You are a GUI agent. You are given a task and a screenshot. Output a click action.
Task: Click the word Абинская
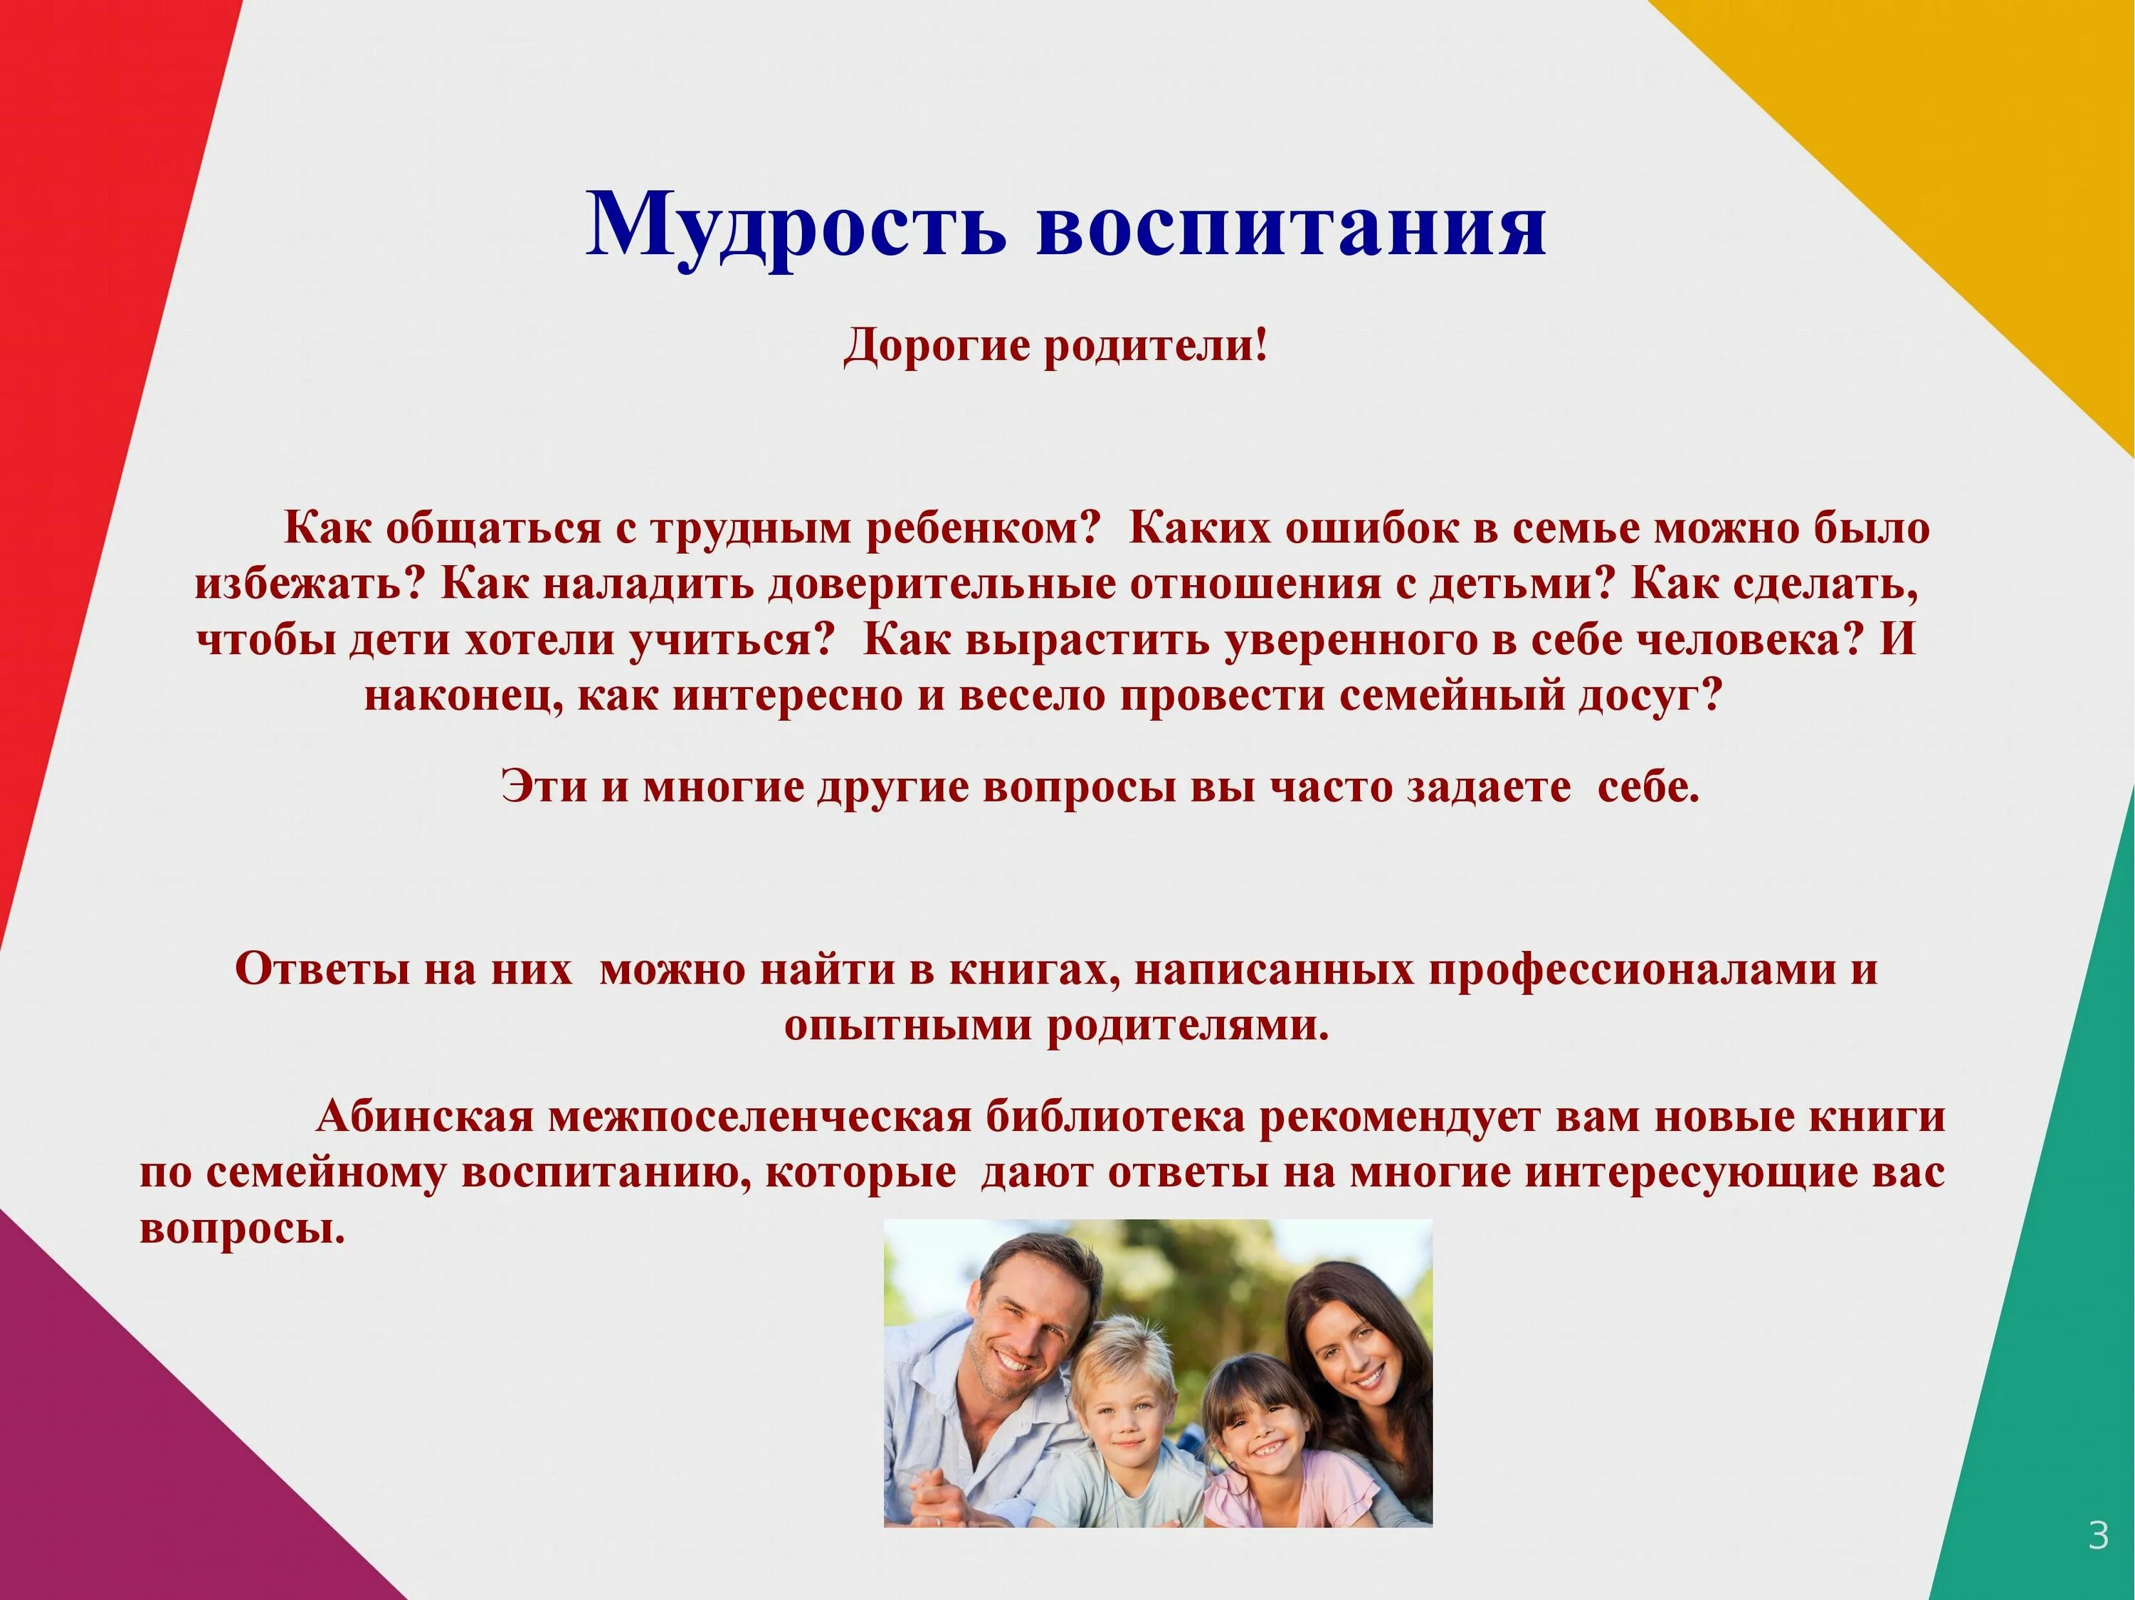pyautogui.click(x=425, y=1117)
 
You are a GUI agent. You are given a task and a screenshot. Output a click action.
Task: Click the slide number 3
pyautogui.click(x=2097, y=1535)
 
